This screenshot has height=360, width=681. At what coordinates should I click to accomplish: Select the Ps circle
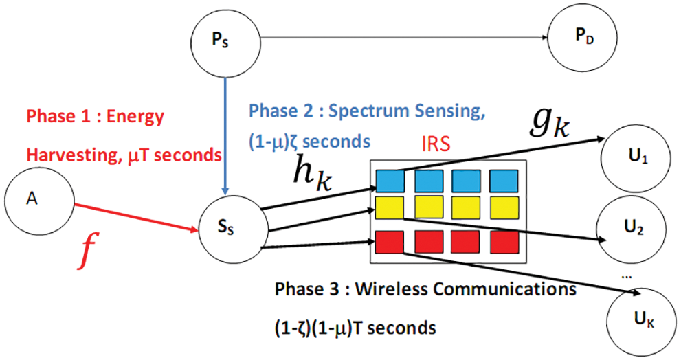click(225, 42)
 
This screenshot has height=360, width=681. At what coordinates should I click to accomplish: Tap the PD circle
click(583, 37)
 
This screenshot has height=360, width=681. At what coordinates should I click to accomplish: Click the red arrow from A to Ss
click(136, 217)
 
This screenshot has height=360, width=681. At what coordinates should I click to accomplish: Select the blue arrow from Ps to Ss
click(225, 135)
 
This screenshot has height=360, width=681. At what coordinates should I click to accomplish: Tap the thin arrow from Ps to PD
click(404, 37)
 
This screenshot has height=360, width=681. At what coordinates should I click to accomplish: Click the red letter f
click(88, 251)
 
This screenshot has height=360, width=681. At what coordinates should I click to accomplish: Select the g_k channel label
click(550, 124)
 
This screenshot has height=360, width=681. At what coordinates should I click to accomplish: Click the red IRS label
click(436, 144)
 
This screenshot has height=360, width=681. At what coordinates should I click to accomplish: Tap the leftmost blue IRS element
click(390, 181)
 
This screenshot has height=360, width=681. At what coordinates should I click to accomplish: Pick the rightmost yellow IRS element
click(504, 207)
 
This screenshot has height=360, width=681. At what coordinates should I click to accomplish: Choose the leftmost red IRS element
click(389, 242)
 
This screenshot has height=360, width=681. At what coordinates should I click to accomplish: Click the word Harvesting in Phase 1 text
click(73, 155)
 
